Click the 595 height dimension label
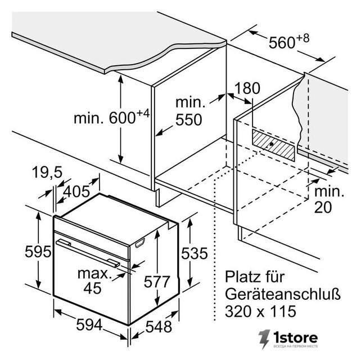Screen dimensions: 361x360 point(38,251)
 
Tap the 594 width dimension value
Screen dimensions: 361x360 point(89,325)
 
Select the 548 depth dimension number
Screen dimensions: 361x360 point(159,327)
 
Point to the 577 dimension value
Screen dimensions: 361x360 point(157,281)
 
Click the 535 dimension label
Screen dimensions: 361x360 point(195,253)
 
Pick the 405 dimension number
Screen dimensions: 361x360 point(76,191)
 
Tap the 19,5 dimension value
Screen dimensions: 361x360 point(47,172)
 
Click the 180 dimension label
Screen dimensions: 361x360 point(247,88)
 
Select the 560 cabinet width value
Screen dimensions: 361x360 point(282,43)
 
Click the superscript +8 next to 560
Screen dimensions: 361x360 point(303,38)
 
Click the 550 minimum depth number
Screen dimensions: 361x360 point(188,120)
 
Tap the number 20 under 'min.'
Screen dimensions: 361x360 point(323,207)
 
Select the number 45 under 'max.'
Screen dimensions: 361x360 point(92,288)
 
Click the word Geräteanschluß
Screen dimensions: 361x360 point(282,294)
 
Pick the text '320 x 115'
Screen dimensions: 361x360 point(260,312)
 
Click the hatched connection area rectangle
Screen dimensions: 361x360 point(273,145)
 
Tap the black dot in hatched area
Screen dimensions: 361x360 point(272,144)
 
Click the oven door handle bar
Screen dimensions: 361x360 point(88,253)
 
